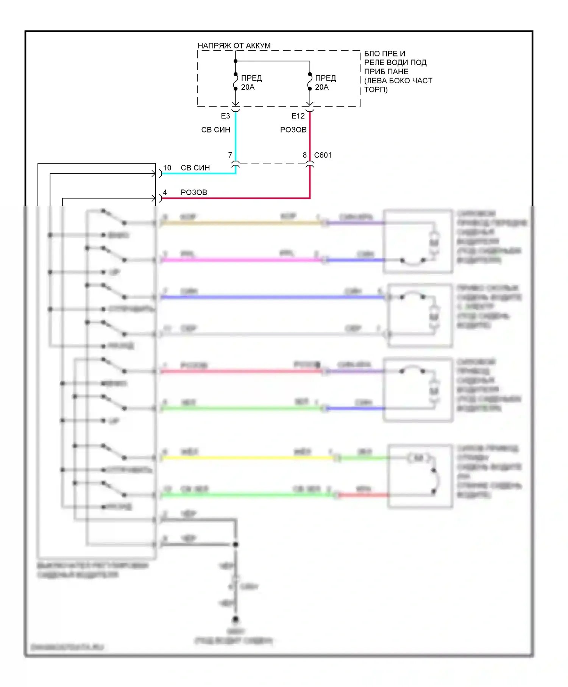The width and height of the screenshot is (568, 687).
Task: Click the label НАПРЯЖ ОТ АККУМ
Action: (234, 45)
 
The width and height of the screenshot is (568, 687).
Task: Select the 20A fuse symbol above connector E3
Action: (236, 81)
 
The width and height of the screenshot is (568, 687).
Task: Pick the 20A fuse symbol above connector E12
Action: (310, 81)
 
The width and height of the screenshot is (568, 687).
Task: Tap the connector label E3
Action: (225, 116)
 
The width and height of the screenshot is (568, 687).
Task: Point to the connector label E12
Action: (298, 116)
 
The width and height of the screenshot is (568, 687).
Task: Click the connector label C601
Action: (323, 155)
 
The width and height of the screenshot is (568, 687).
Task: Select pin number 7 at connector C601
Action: (230, 155)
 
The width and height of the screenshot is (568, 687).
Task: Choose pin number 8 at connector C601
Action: (304, 155)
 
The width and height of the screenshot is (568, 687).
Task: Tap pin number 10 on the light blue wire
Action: (167, 168)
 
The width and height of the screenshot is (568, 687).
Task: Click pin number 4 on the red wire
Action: (165, 192)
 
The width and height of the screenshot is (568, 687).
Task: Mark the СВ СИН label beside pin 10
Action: (195, 168)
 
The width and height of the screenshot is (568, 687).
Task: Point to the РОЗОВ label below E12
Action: (293, 130)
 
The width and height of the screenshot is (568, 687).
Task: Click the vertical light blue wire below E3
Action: (236, 136)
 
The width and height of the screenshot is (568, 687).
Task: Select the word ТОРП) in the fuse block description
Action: (376, 90)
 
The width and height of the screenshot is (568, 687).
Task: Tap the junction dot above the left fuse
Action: (236, 61)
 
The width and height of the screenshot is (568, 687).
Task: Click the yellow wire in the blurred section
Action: (246, 458)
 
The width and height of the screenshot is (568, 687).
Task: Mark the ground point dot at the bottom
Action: (236, 619)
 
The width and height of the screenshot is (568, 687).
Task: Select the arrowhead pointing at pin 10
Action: (153, 174)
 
